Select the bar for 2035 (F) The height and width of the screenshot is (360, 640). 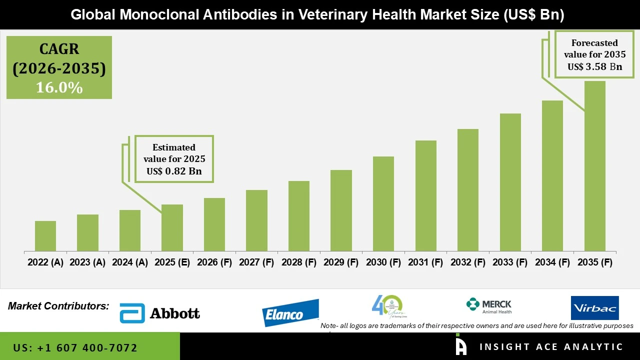594,166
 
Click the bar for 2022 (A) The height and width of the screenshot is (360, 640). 45,236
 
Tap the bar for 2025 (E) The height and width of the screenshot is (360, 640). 172,228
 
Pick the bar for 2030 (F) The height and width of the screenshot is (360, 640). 383,204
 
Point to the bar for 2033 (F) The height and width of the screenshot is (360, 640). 510,182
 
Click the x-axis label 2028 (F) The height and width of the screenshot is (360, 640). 299,262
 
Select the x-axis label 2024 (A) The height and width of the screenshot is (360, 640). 130,262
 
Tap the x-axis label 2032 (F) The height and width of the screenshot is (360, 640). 468,262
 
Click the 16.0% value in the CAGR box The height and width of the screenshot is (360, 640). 59,87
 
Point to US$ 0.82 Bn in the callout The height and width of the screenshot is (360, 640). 174,171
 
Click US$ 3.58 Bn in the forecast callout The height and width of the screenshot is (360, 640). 594,66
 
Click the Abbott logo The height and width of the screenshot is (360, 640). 160,313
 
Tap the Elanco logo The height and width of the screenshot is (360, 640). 290,313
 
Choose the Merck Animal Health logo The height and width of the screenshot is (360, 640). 488,306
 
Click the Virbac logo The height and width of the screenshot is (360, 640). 594,308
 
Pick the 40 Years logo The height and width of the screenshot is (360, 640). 388,307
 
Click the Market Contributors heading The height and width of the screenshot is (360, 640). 58,305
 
